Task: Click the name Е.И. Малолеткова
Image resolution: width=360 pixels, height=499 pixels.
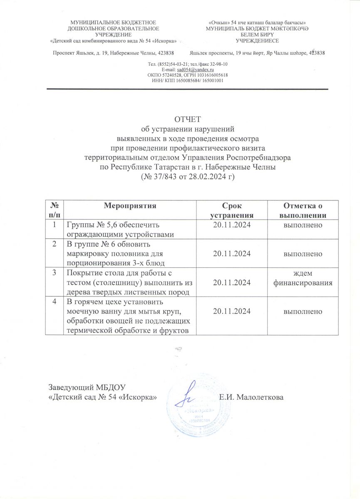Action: pos(251,397)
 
